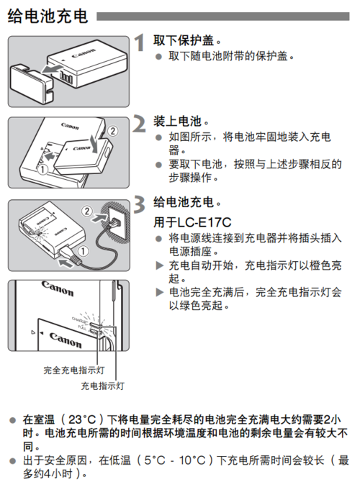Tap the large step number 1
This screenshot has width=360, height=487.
point(140,44)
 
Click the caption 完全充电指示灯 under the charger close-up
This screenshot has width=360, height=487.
point(74,370)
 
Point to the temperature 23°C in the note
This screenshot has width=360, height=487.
point(85,419)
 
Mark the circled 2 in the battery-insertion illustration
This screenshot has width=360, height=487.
point(112,131)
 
